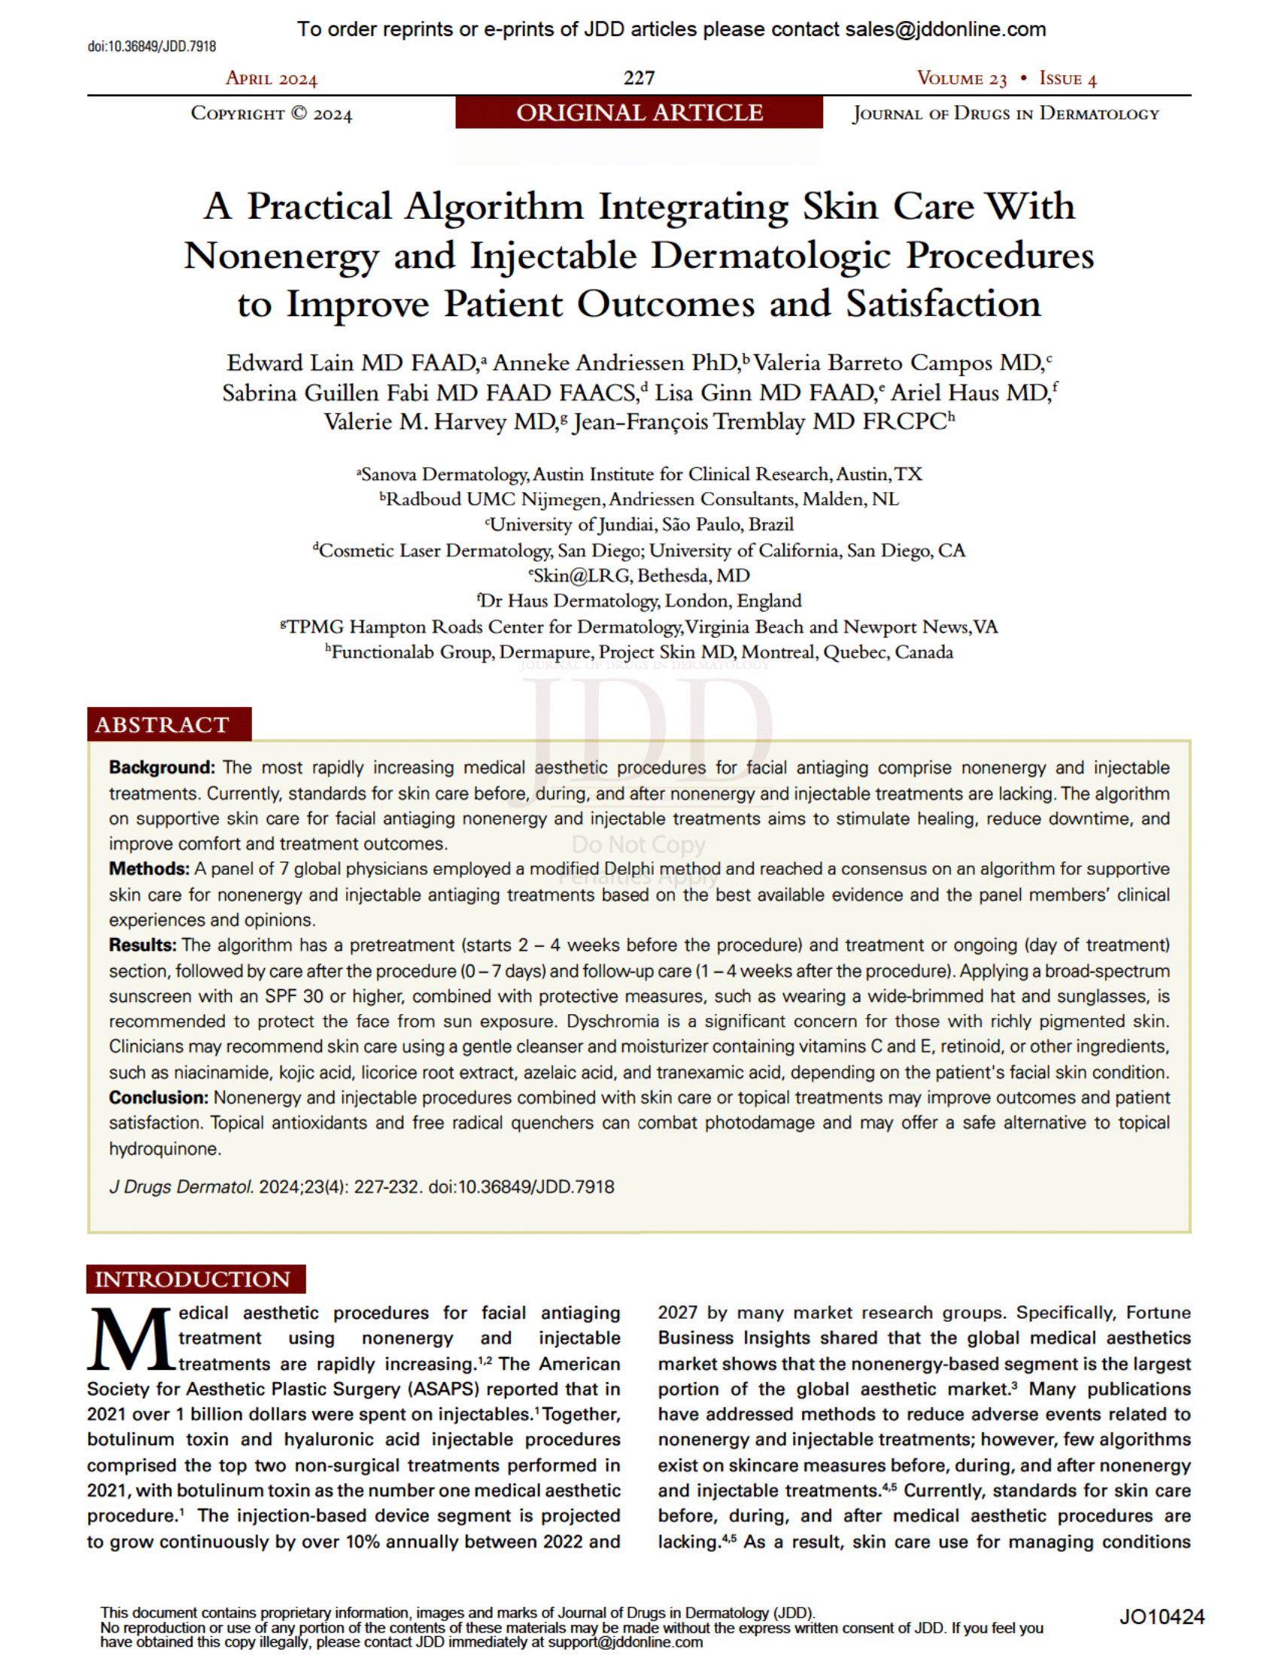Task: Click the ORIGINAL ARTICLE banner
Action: pyautogui.click(x=639, y=113)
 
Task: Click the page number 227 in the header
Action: pyautogui.click(x=639, y=78)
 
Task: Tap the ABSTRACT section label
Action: pyautogui.click(x=163, y=724)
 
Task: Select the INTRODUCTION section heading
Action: pyautogui.click(x=193, y=1279)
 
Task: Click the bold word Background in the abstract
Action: pyautogui.click(x=162, y=767)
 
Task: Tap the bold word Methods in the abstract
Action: pyautogui.click(x=148, y=869)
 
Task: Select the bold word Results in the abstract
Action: pyautogui.click(x=142, y=946)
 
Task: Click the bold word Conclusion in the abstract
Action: pyautogui.click(x=158, y=1098)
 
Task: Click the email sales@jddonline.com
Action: pyautogui.click(x=945, y=29)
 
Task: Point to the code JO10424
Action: pyautogui.click(x=1161, y=1617)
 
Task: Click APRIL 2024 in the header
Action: pyautogui.click(x=272, y=79)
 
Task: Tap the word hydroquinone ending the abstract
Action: pyautogui.click(x=165, y=1149)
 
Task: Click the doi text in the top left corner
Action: pyautogui.click(x=151, y=47)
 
